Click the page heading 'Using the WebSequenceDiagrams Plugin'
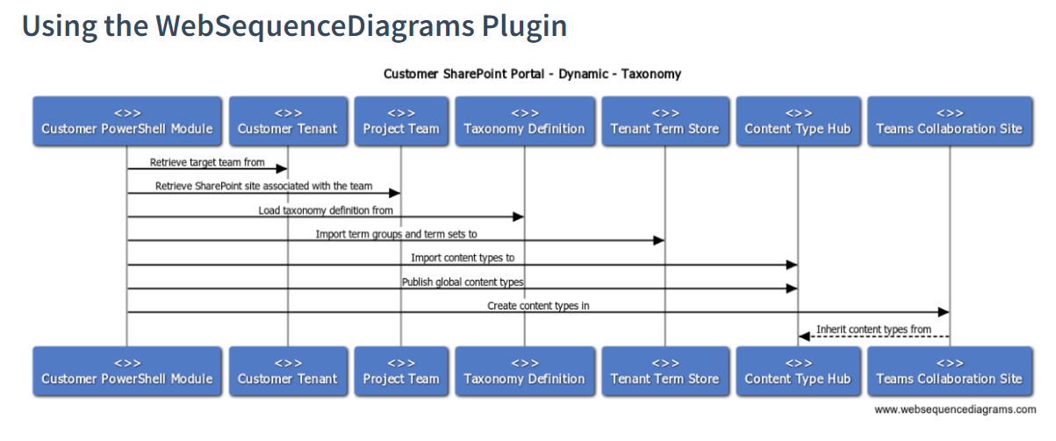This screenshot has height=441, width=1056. pyautogui.click(x=294, y=25)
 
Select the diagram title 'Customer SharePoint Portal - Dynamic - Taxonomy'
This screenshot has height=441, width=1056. pyautogui.click(x=532, y=74)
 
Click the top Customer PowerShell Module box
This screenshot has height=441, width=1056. pyautogui.click(x=127, y=121)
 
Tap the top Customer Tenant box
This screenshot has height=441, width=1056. pyautogui.click(x=287, y=121)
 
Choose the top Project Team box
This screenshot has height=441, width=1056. pyautogui.click(x=401, y=121)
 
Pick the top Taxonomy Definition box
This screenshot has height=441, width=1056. pyautogui.click(x=524, y=121)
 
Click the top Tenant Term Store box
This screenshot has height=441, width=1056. pyautogui.click(x=664, y=121)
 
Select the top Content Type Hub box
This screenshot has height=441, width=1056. pyautogui.click(x=798, y=121)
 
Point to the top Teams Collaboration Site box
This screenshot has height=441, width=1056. pyautogui.click(x=949, y=121)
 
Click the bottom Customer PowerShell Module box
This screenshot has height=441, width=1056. pyautogui.click(x=127, y=371)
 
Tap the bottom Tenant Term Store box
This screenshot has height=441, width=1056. pyautogui.click(x=664, y=371)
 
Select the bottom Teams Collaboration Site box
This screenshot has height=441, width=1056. pyautogui.click(x=949, y=371)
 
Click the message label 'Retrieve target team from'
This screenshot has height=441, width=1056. pyautogui.click(x=207, y=162)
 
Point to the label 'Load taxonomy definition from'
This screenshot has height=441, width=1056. pyautogui.click(x=325, y=210)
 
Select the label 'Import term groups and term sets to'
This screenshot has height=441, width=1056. pyautogui.click(x=396, y=234)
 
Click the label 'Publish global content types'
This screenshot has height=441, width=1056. pyautogui.click(x=463, y=281)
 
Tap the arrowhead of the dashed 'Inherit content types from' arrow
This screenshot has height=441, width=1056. pyautogui.click(x=803, y=337)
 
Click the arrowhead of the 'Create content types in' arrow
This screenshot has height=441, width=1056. pyautogui.click(x=944, y=312)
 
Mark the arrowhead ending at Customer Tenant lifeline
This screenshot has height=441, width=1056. pyautogui.click(x=282, y=169)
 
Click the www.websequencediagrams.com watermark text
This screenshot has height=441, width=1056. pyautogui.click(x=955, y=409)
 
